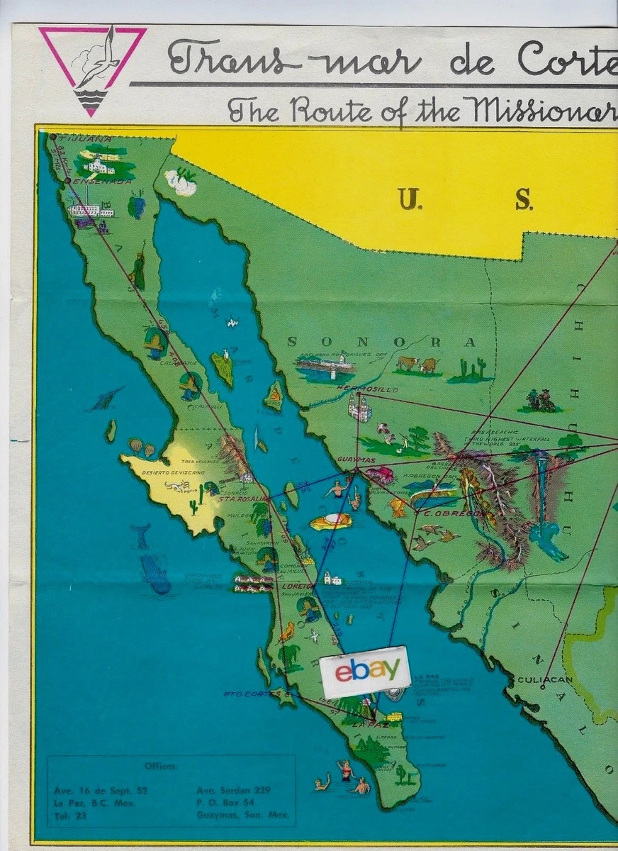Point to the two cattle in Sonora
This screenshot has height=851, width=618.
tap(417, 365)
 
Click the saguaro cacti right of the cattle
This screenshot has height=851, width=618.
tap(472, 369)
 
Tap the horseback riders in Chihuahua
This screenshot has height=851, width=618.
tap(541, 401)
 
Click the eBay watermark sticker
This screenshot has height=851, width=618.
tap(365, 669)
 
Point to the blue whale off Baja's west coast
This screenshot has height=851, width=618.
tap(155, 573)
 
